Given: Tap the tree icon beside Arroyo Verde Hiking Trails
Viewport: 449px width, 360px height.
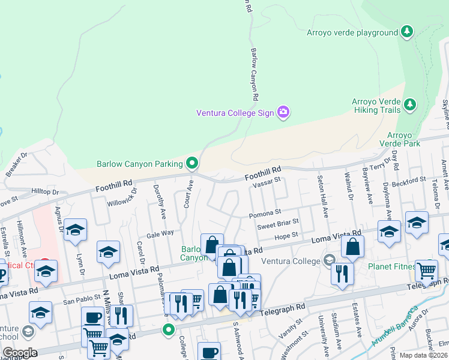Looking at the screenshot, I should pos(410,106).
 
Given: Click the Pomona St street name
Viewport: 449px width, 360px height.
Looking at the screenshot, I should pos(265,213).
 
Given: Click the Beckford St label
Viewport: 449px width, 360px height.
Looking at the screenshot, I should pos(408,180).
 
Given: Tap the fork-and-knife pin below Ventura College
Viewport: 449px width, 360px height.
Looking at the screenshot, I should pos(342,274).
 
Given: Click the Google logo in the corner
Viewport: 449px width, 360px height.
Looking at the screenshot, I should pos(20,352).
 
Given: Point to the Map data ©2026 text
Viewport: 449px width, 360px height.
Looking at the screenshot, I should pos(423,355).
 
